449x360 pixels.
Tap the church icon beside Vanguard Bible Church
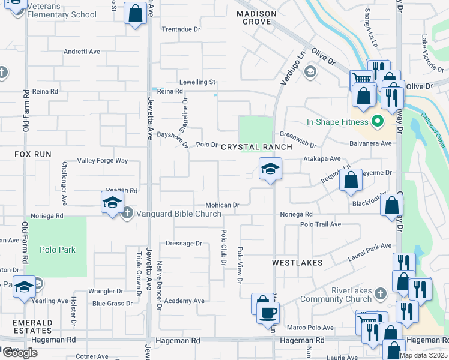pos(127,213)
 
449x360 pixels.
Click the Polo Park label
pos(58,250)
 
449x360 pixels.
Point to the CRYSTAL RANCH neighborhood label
pos(256,147)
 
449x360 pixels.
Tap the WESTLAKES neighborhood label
pos(297,263)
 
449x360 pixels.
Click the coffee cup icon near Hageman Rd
pos(267,312)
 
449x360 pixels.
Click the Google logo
pos(20,353)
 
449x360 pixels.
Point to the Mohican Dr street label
pos(223,205)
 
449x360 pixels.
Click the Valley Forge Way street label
pos(103,161)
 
